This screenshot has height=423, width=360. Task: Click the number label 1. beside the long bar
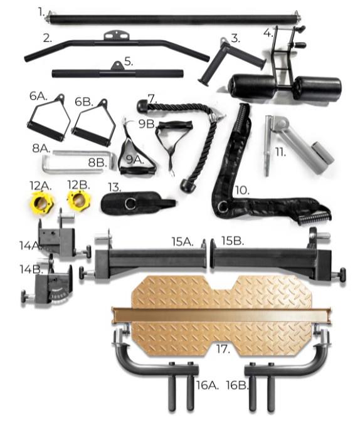click(x=41, y=12)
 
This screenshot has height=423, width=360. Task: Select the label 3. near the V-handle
click(x=235, y=38)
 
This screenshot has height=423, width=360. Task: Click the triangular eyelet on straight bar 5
click(x=117, y=66)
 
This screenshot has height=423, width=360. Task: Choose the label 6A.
click(x=38, y=96)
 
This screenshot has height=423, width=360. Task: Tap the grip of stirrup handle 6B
click(x=92, y=137)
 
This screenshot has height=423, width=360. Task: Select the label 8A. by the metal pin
click(x=41, y=148)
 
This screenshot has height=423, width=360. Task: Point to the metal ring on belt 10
click(x=224, y=206)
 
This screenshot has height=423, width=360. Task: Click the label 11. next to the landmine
click(x=280, y=153)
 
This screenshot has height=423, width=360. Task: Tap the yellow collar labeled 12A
click(x=43, y=201)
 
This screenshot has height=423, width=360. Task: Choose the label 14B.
click(x=31, y=269)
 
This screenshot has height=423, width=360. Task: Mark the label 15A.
click(x=183, y=242)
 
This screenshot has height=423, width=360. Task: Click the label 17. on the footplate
click(x=223, y=349)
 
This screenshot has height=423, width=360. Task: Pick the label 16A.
click(x=207, y=385)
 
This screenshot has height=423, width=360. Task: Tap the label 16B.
click(x=237, y=385)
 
